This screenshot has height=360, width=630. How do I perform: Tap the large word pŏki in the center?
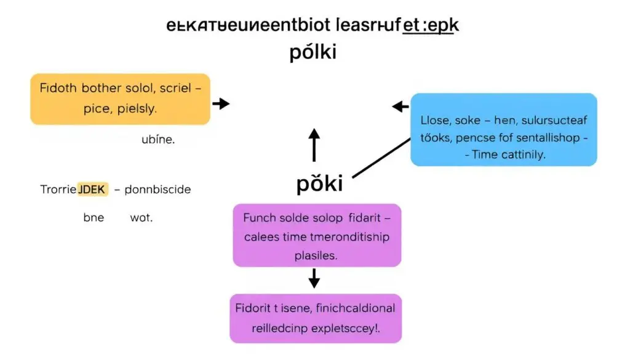click(319, 185)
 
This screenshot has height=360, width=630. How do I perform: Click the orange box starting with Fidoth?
click(120, 99)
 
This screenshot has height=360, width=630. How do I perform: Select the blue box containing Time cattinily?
click(503, 129)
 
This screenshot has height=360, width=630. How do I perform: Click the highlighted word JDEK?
click(92, 190)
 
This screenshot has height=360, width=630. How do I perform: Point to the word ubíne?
click(158, 140)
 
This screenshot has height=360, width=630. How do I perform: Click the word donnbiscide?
click(157, 190)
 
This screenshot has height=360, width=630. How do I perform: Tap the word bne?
click(94, 218)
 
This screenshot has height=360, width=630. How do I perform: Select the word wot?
click(141, 218)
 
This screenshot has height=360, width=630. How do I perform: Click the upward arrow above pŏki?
click(314, 145)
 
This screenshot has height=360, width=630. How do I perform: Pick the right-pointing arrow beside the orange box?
click(220, 103)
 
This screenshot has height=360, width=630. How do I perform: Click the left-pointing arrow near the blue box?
click(401, 107)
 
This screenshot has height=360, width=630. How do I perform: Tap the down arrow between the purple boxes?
click(314, 278)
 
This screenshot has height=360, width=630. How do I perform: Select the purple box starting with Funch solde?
click(317, 236)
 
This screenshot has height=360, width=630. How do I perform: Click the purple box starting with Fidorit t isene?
click(316, 318)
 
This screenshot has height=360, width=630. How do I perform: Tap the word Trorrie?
click(57, 190)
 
